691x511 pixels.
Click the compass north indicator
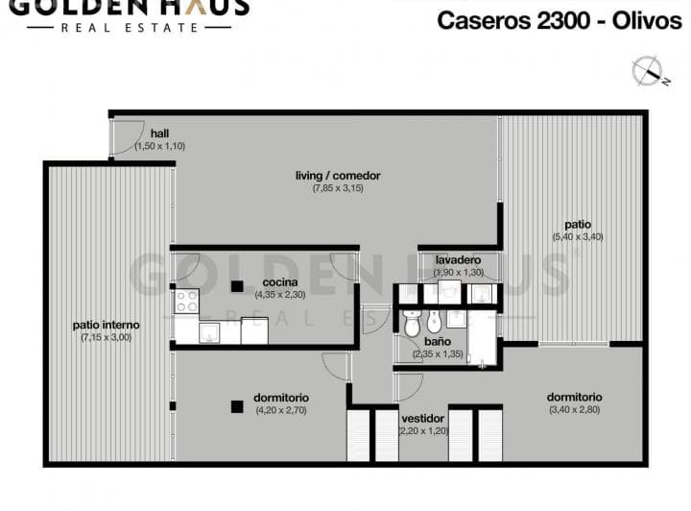coord(650,70)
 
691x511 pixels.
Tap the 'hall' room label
coord(159,134)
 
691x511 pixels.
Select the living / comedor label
coord(338,176)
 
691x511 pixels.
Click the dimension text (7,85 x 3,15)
coord(338,188)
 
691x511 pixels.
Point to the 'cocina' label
coord(280,282)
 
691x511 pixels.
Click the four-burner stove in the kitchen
coord(187,302)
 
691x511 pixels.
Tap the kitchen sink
coord(209,333)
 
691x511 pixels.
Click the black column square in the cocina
coord(237,286)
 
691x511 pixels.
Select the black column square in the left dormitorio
coord(237,406)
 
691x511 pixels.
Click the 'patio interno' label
coord(107,325)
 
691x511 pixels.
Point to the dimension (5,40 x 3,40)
coord(578,236)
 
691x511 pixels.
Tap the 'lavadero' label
coord(459,259)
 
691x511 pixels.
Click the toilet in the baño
coord(413,324)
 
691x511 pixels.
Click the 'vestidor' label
coord(422,419)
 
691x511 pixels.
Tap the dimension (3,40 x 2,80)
coord(574,409)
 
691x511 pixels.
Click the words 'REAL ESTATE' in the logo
coord(130,28)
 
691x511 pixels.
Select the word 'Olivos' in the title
coord(647,20)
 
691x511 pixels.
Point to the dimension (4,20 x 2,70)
coord(281,410)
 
